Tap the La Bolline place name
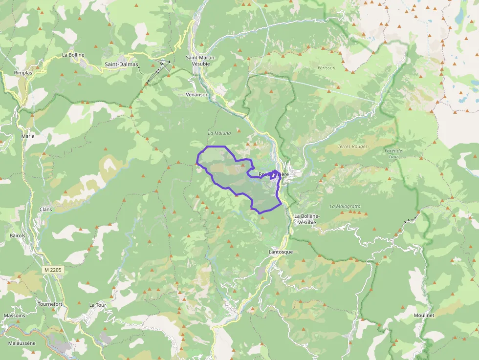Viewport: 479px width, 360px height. tap(73, 55)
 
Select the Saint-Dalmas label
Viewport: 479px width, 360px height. tap(122, 64)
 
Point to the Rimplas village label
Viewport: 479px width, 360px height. tap(23, 73)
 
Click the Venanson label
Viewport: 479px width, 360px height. tap(197, 94)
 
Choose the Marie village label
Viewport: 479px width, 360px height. tap(28, 136)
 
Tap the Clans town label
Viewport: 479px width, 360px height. tap(45, 210)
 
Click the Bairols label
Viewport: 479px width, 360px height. tap(17, 235)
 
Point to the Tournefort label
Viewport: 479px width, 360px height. tap(50, 304)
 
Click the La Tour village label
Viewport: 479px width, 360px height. tap(97, 305)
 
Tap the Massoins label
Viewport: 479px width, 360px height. tap(14, 316)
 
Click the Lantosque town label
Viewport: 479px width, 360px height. tap(281, 252)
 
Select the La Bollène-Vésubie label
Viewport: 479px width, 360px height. tap(307, 219)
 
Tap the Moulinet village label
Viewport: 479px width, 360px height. tap(423, 316)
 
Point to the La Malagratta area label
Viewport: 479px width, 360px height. tap(345, 206)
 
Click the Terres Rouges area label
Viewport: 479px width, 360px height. tap(352, 147)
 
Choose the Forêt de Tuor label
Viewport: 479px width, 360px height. tap(393, 153)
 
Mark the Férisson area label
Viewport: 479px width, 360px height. tap(326, 68)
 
